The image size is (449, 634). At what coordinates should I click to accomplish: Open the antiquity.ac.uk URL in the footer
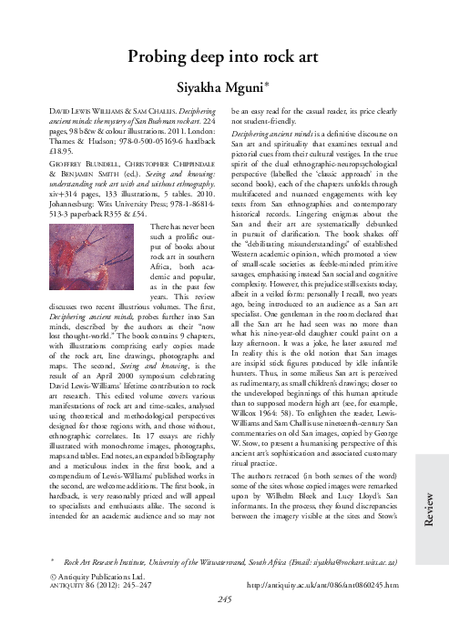(x=329, y=610)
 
